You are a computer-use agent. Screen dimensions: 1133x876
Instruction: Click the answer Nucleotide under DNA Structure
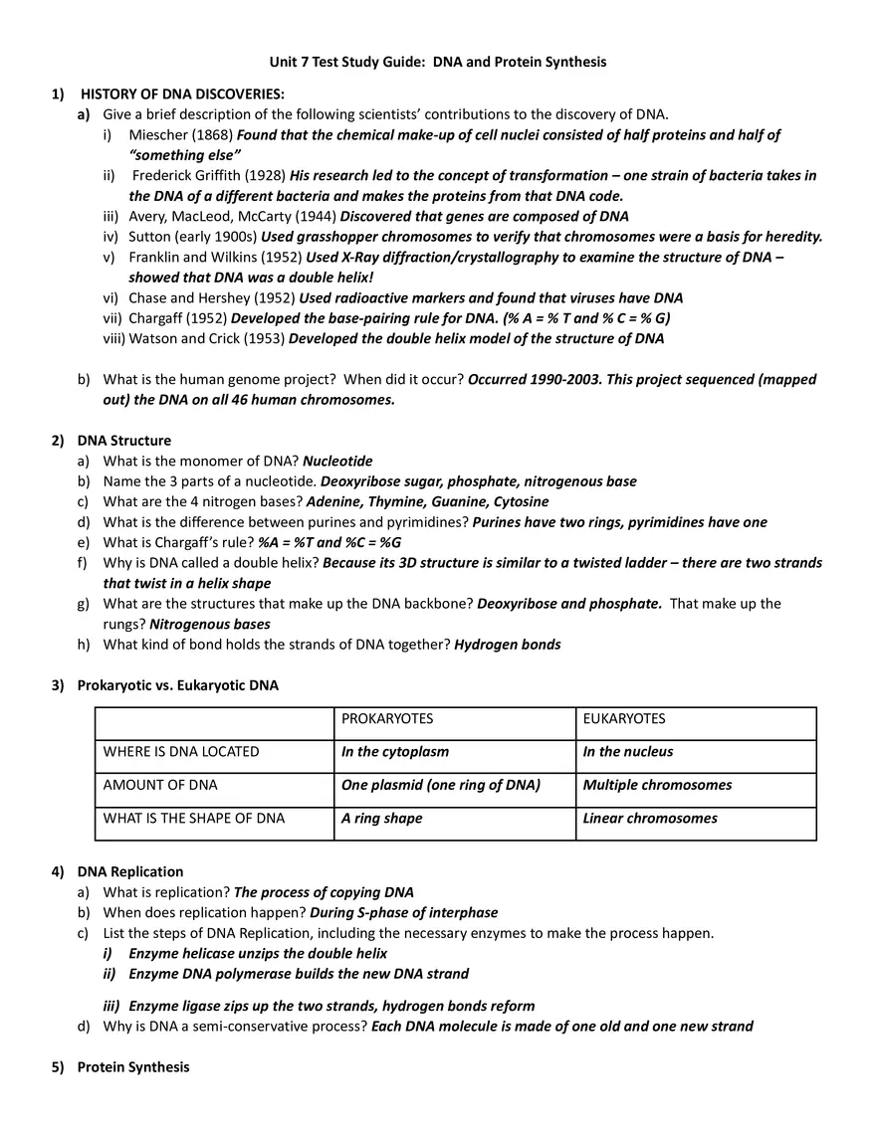pos(337,461)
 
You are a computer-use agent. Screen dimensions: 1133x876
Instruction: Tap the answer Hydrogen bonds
pos(507,644)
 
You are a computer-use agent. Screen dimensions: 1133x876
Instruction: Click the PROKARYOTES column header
pos(387,718)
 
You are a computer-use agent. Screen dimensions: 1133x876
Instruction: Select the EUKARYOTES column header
pos(624,718)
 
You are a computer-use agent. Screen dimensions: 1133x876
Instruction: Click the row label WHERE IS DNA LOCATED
pos(181,752)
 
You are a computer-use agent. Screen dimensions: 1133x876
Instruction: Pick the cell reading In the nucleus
pos(627,752)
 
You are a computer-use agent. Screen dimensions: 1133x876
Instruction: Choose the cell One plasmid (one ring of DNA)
pos(440,785)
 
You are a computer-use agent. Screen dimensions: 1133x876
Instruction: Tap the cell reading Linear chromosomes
pos(649,818)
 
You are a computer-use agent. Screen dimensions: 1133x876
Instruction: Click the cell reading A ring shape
pos(381,818)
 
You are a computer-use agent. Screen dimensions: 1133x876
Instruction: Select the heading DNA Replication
pos(130,871)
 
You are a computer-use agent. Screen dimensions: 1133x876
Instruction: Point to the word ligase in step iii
pos(197,1006)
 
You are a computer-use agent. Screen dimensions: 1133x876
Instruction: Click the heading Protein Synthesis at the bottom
pos(132,1066)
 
